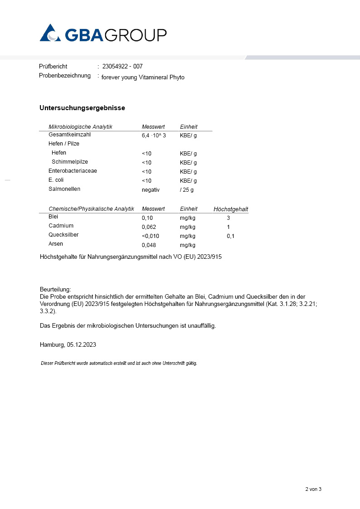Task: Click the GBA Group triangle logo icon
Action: tap(50, 33)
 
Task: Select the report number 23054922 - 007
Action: tap(122, 67)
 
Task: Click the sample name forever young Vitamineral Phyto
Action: tap(143, 78)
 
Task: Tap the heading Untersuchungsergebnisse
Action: tap(82, 108)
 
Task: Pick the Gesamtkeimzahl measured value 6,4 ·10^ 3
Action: tap(154, 136)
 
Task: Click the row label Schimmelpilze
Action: tap(70, 162)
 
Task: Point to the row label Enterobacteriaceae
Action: tap(73, 171)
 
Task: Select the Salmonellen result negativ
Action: tap(151, 190)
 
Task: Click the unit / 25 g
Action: tap(187, 190)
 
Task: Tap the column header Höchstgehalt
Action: tap(231, 209)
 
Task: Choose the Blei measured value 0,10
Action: tap(147, 218)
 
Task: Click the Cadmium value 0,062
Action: tap(149, 227)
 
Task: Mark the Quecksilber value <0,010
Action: tap(151, 236)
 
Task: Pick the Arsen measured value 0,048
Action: tap(149, 245)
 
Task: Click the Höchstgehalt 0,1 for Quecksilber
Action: tap(230, 236)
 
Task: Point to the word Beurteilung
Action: tap(55, 290)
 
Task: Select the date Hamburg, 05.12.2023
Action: tap(68, 344)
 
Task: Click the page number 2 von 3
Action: tap(313, 490)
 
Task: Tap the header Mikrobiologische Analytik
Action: tap(80, 127)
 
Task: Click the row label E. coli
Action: tap(56, 180)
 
